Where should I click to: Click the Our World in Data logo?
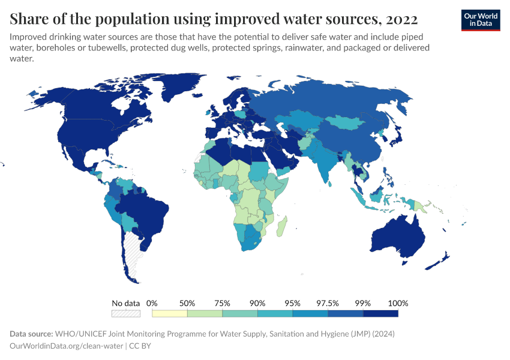(x=480, y=19)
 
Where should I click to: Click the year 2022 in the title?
(x=398, y=18)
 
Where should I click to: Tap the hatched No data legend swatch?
(x=126, y=313)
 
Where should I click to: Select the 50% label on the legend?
(x=187, y=303)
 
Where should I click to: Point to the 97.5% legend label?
(x=328, y=303)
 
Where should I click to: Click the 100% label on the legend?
(x=398, y=303)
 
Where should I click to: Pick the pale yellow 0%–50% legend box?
(x=170, y=313)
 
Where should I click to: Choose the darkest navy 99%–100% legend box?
(x=380, y=313)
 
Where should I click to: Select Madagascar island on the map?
(x=282, y=227)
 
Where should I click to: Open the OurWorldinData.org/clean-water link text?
(x=67, y=346)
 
